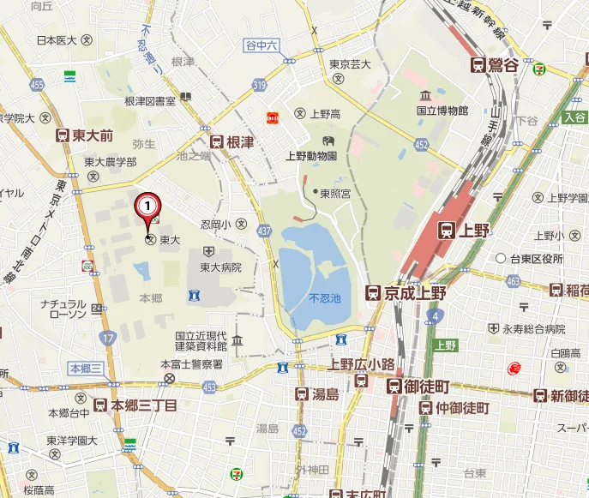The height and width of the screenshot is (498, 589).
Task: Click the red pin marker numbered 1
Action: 149,206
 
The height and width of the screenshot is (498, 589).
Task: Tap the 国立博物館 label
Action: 442,111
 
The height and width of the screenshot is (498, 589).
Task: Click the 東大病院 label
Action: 220,267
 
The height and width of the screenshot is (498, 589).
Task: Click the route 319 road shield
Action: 260,84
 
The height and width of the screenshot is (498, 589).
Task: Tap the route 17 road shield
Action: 107,339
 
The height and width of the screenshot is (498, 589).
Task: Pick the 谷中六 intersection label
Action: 261,45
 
